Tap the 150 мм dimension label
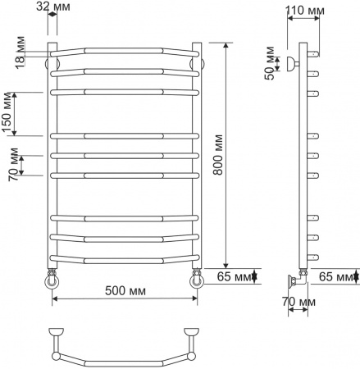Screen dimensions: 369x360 pos(8,112)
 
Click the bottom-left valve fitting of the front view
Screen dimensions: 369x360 pos(52,278)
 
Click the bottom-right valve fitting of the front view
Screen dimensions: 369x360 pos(197,278)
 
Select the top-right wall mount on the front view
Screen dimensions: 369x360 pos(198,61)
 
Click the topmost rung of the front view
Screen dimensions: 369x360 pos(125,51)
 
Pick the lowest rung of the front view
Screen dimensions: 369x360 pos(125,259)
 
